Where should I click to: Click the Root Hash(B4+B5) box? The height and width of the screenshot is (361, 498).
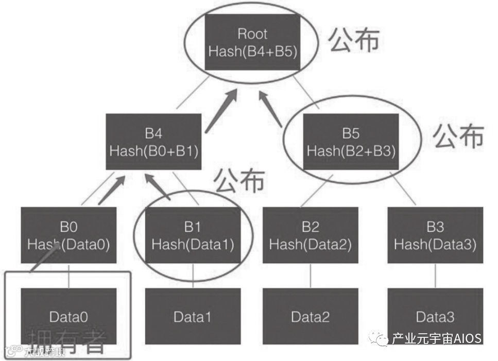pos(252,42)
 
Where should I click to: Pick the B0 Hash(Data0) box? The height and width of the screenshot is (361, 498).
pos(68,235)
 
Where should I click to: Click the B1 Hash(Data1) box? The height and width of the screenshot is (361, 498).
pos(193,235)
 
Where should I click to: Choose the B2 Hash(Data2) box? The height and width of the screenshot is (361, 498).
pos(311,235)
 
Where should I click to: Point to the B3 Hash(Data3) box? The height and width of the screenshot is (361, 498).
pos(435,235)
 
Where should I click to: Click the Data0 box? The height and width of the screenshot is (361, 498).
pos(68,316)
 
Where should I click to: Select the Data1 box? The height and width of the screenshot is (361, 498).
pos(193,316)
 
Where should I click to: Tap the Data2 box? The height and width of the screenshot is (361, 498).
pos(311,316)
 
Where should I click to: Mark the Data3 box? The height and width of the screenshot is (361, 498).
pos(435,316)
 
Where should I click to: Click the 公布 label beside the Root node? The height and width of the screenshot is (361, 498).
pos(354,40)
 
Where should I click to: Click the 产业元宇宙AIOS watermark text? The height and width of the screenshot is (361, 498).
pos(436,338)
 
